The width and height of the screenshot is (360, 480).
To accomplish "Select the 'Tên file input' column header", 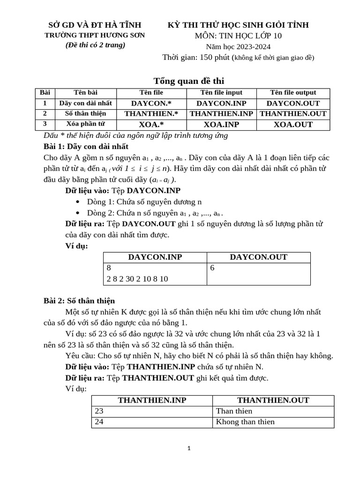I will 221,93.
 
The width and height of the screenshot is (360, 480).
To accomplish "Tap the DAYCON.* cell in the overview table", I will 151,103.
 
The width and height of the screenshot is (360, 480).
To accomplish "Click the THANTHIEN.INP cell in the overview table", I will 221,113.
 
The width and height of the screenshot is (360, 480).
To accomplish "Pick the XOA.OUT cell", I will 293,124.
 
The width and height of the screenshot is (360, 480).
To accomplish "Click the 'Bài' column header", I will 45,93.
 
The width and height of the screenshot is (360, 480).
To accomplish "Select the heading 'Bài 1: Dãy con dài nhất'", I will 86,146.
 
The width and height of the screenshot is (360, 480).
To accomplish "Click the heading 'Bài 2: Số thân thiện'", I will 79,300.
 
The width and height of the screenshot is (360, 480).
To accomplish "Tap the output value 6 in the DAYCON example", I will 213,268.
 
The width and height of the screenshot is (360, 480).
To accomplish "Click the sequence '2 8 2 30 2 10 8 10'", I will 137,279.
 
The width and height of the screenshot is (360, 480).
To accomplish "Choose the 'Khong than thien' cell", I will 245,422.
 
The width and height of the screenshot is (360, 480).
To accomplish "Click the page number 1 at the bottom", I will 188,449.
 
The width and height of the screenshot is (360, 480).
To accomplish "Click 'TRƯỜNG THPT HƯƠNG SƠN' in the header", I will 95,35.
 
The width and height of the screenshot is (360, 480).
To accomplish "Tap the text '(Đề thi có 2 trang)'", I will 95,45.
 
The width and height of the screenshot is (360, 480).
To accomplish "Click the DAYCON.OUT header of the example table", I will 258,257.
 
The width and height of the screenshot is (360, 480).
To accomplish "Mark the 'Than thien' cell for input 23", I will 234,411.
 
